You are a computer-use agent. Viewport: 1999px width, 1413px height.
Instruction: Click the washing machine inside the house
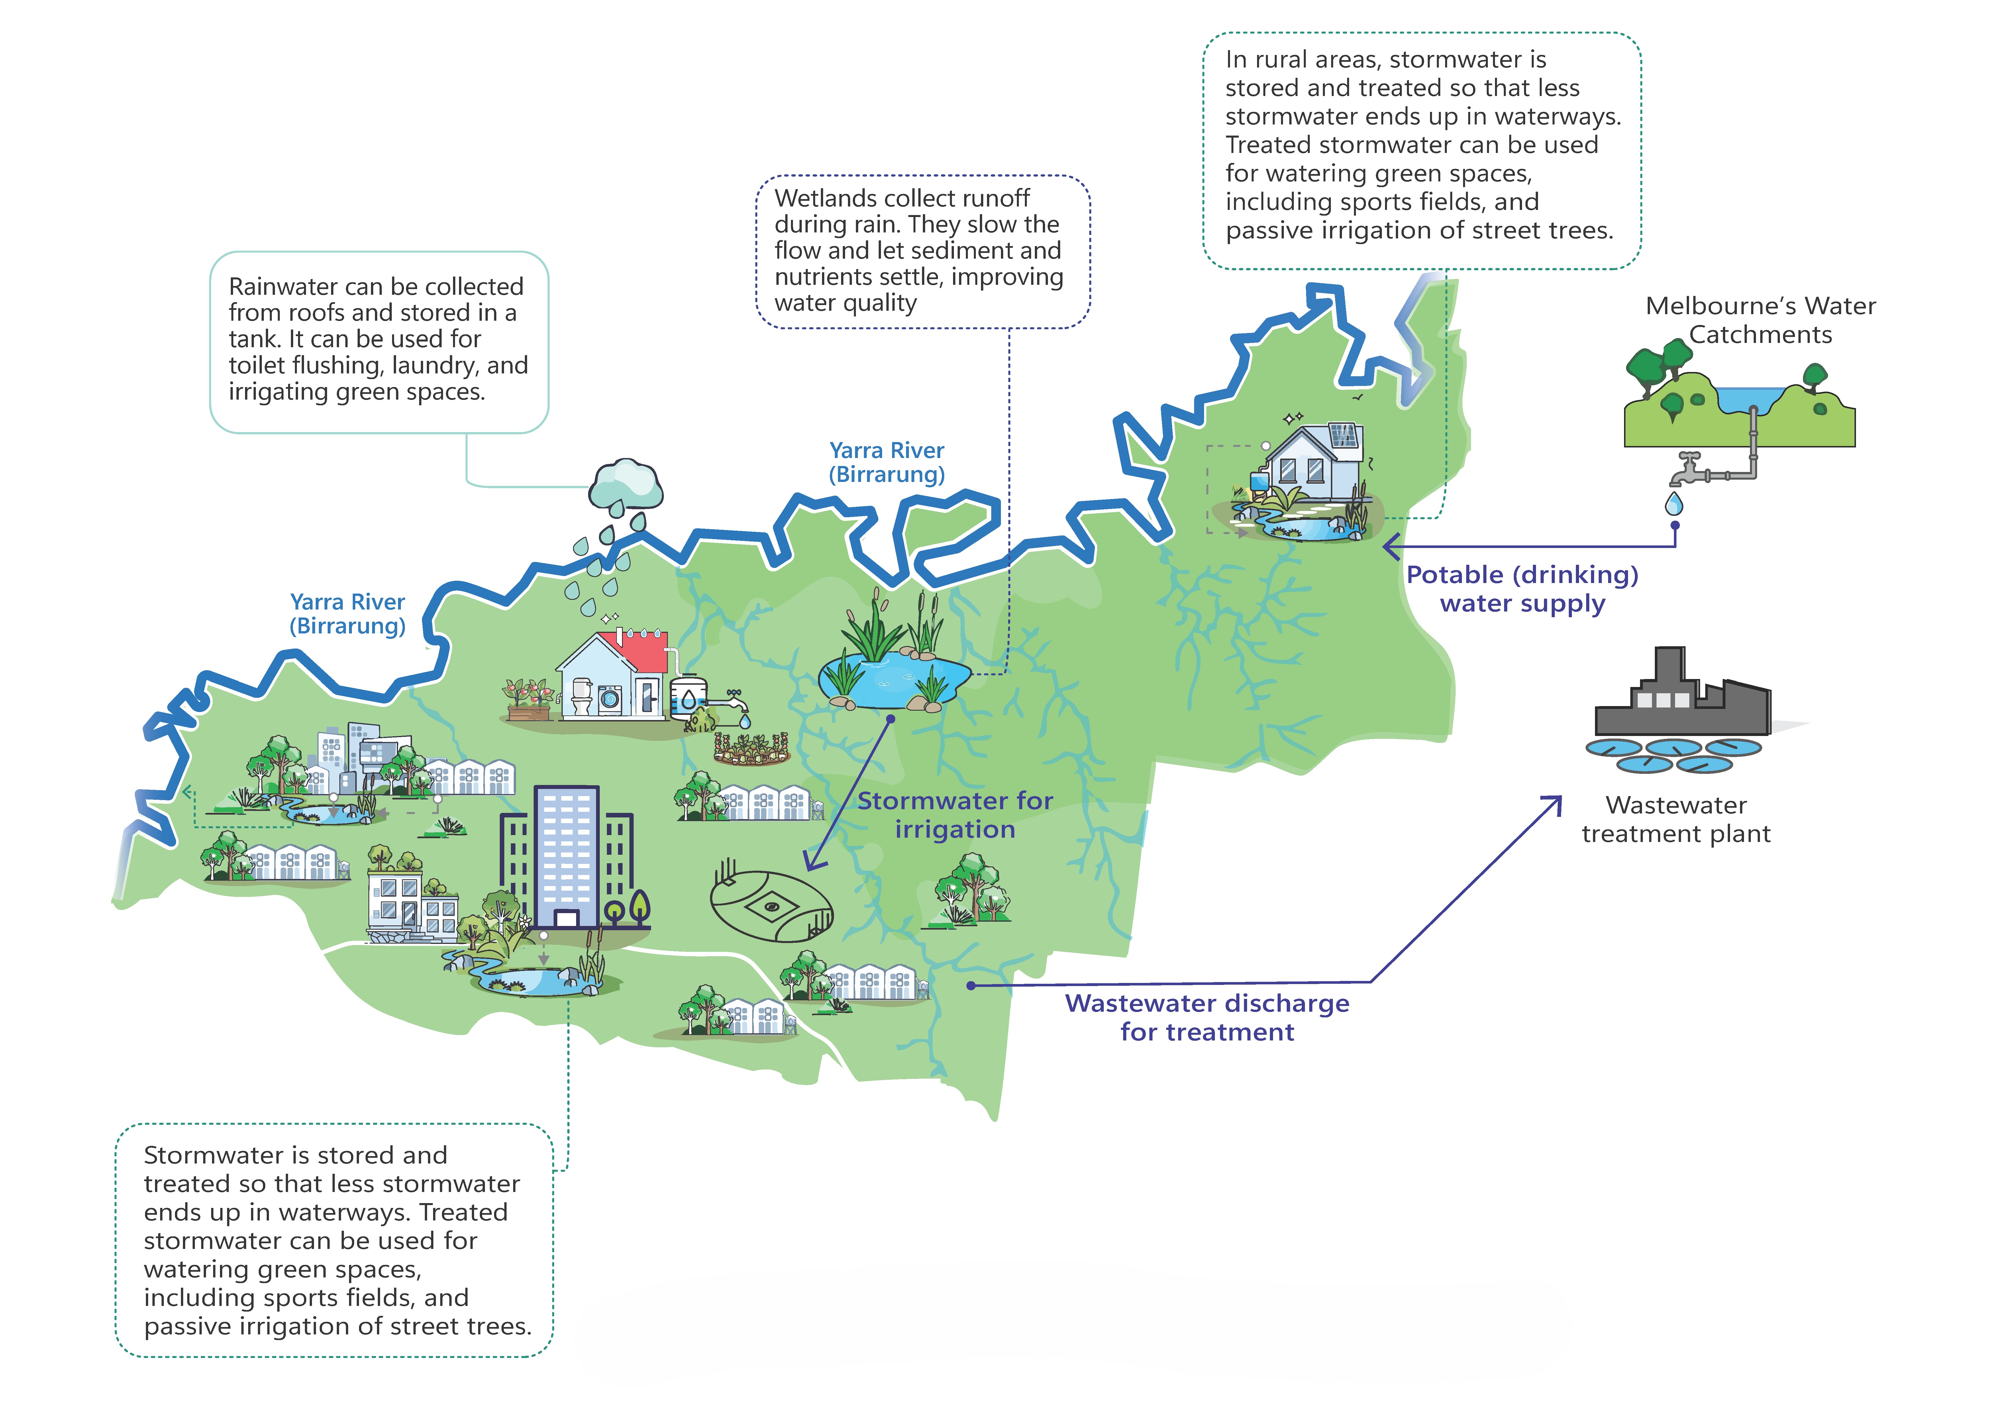click(609, 699)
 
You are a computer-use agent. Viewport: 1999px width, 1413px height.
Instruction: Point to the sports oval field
click(771, 905)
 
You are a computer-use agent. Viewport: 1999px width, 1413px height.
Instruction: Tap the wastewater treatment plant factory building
click(1680, 701)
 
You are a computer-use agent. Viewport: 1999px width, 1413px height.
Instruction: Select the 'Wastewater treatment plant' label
click(1676, 819)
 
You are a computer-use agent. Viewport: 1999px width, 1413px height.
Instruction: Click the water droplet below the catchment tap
click(1673, 504)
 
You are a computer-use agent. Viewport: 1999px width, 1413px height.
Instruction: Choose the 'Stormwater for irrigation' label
click(955, 815)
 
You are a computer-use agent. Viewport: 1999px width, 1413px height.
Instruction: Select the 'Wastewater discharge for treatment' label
click(1207, 1017)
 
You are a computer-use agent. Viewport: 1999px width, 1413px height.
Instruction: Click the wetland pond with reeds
click(892, 679)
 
